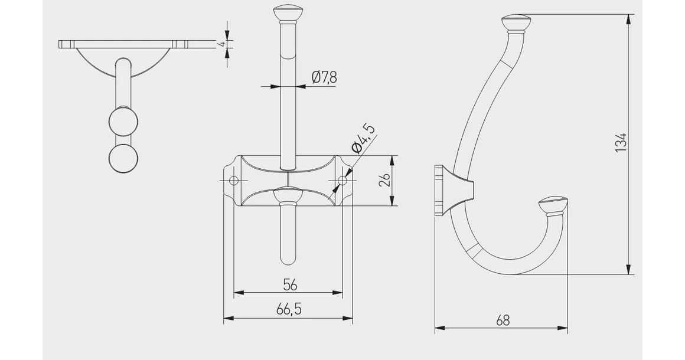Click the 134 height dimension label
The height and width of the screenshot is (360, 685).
[x=620, y=143]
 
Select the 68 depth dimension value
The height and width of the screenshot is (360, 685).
[x=503, y=320]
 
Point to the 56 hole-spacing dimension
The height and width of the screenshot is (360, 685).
[x=289, y=284]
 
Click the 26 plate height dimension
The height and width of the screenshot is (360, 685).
[x=384, y=181]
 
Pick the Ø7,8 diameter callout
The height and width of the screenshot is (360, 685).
[x=324, y=77]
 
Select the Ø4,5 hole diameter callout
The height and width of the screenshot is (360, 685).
[x=363, y=139]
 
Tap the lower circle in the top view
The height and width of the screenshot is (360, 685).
[x=123, y=158]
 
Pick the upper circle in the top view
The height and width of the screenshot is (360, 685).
[x=123, y=122]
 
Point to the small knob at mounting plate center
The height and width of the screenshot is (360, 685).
[x=288, y=194]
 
